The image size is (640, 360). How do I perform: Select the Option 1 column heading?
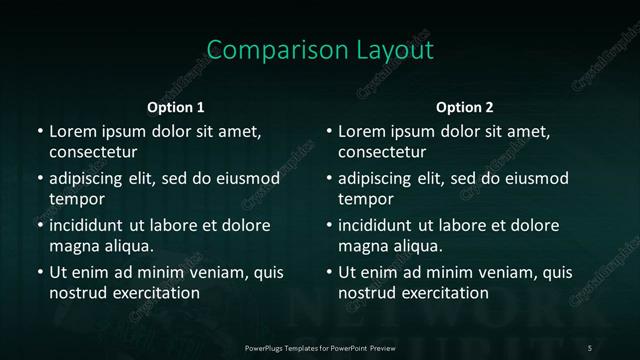point(176,107)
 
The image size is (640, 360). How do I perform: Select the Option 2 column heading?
point(465,107)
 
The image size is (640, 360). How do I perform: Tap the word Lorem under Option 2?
point(361,131)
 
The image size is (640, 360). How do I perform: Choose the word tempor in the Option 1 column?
point(73,199)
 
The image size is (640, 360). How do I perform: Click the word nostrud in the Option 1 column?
point(75,293)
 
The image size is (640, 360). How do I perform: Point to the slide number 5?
point(590,347)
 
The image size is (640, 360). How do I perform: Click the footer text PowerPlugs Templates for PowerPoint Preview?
point(320,347)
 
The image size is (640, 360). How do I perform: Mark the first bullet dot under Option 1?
point(39,131)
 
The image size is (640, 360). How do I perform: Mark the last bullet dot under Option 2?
point(329,272)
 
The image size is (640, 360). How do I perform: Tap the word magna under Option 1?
point(72,245)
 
